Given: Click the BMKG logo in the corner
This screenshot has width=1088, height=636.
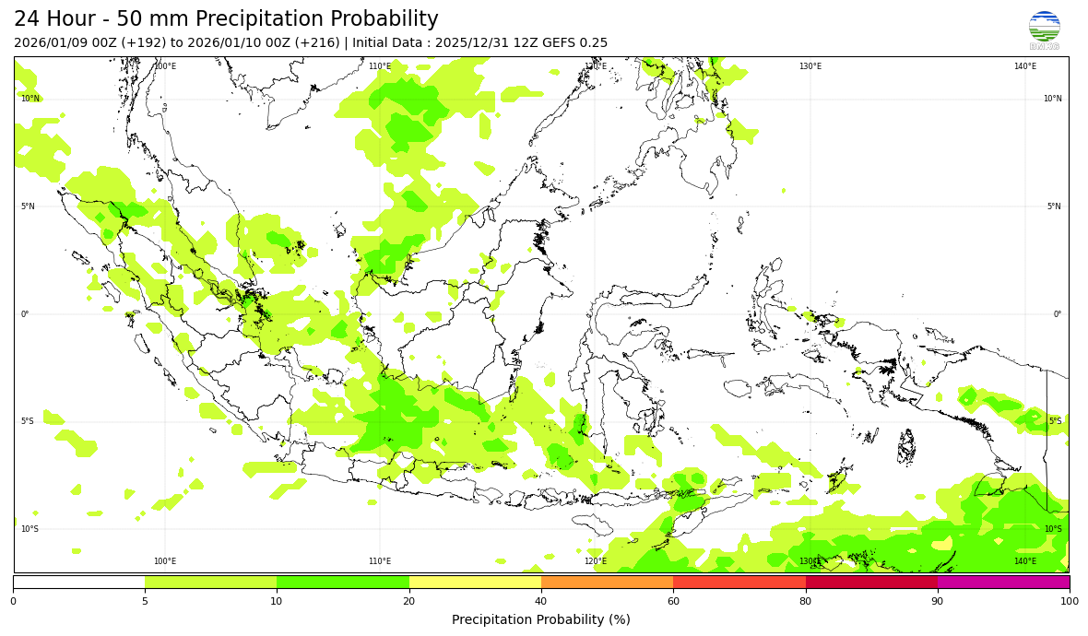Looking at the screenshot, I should pos(1044,29).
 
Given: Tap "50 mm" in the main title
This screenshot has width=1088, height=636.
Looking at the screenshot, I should pos(152,19).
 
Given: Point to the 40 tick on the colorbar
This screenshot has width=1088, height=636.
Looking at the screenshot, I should pos(541,601).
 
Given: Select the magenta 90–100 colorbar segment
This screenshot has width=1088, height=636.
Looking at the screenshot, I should pos(1003,582).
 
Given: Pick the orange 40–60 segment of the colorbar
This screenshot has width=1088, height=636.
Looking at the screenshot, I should pos(607,582).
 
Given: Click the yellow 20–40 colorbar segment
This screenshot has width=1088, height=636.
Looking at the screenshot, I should pos(475,582).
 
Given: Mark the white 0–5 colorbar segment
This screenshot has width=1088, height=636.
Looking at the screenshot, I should pos(79,582).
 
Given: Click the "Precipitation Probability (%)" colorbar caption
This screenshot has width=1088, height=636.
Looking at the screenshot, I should pos(541,619).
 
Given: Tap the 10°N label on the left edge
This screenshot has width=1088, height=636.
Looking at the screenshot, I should pos(30,99).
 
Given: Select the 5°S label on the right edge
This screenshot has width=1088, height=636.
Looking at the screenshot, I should pos(1055,421).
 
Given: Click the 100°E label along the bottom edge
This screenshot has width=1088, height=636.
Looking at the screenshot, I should pos(165,561).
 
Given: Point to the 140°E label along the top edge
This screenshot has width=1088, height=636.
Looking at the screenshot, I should pos(1025,66).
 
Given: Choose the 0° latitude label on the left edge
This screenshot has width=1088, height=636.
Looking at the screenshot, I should pos(25,314).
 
